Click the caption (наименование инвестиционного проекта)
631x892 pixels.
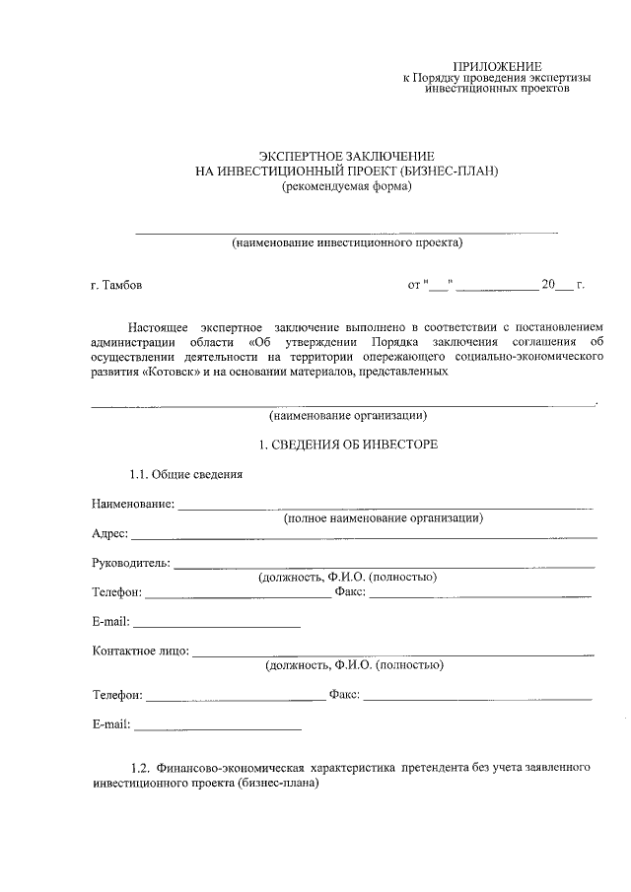click(x=347, y=242)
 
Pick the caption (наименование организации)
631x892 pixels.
click(x=347, y=416)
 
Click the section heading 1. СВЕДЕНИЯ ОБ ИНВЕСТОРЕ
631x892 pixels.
click(x=347, y=446)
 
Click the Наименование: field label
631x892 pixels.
click(x=133, y=505)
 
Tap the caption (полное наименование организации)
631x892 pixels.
click(x=384, y=518)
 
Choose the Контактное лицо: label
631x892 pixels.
click(x=140, y=652)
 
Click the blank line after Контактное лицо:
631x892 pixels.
click(x=394, y=653)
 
